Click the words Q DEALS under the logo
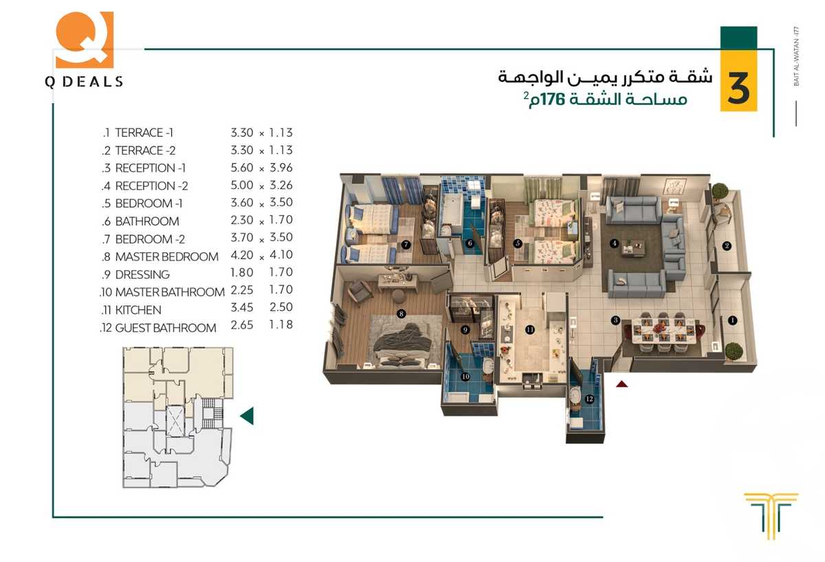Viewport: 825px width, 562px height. pos(84,81)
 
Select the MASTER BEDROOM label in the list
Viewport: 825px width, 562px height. pos(166,257)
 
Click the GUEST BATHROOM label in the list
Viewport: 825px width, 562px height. pos(165,328)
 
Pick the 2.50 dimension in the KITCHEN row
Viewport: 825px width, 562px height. pos(280,310)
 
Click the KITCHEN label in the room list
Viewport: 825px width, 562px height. pos(138,310)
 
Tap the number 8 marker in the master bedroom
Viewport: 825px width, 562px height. pos(401,314)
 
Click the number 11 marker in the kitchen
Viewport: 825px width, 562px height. pos(529,329)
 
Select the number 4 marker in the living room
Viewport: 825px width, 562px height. pos(615,243)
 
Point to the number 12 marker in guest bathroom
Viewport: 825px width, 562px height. pos(588,398)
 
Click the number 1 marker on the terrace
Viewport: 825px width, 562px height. pos(732,320)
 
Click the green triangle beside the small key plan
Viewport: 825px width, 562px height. pos(246,416)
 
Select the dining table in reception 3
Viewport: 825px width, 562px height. pos(663,330)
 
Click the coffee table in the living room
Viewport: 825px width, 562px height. pos(634,246)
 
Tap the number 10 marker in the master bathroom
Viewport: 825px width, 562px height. pos(465,376)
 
